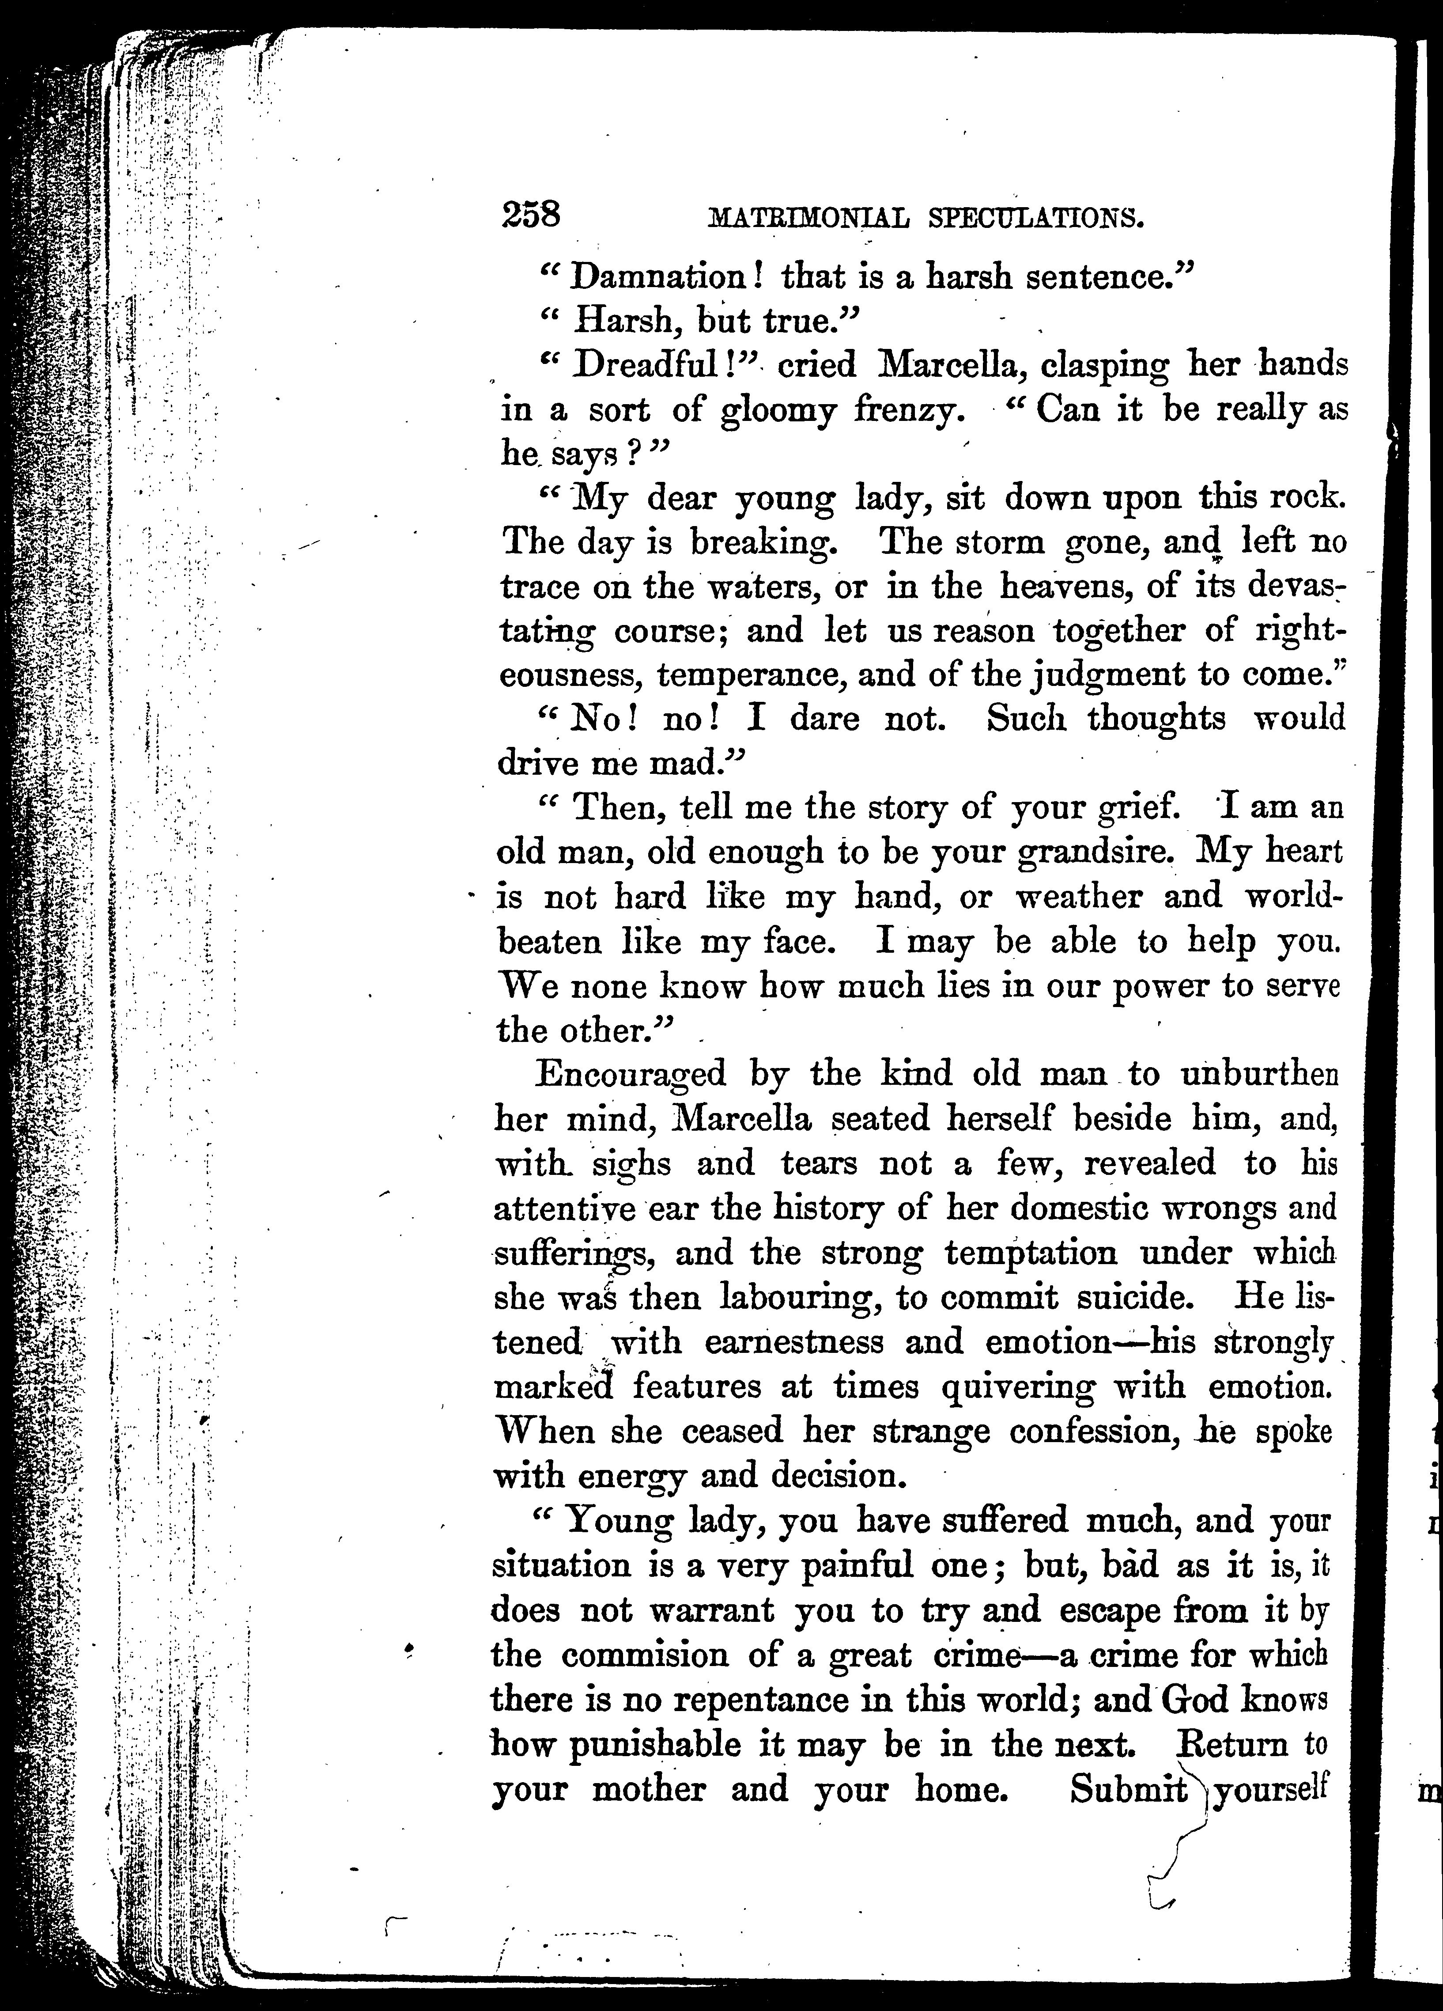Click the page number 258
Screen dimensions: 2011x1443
click(x=531, y=216)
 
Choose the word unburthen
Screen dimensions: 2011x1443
click(x=1258, y=1075)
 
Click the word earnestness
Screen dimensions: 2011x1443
click(x=794, y=1342)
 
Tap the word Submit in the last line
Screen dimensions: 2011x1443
click(x=1128, y=1789)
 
